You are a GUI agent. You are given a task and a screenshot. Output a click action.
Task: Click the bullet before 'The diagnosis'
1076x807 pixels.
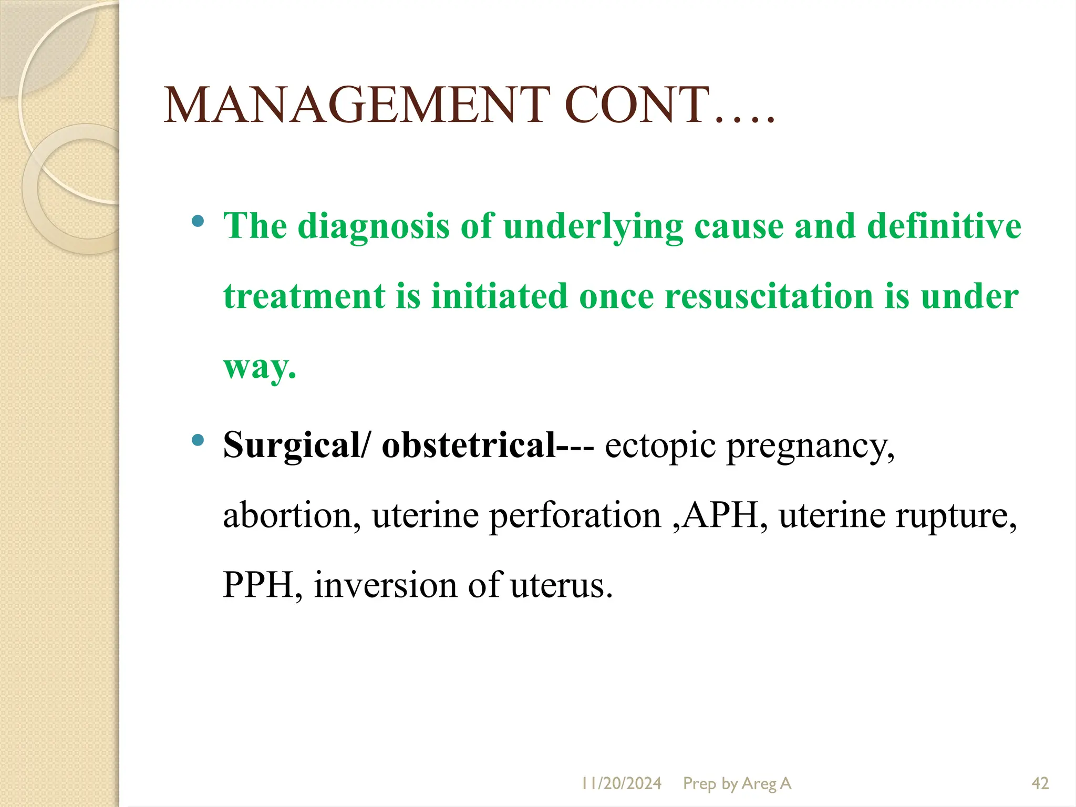point(198,221)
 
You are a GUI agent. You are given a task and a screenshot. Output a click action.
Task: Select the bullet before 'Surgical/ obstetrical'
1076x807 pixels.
point(198,440)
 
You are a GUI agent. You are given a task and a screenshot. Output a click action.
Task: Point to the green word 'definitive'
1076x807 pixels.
point(944,226)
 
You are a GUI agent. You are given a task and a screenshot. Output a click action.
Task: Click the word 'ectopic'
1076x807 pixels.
point(660,446)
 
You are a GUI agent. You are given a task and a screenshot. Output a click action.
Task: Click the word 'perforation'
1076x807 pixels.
point(575,516)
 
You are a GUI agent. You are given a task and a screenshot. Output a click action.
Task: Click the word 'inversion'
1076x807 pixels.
point(386,585)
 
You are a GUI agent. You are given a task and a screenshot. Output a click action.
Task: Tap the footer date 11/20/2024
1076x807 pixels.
point(621,783)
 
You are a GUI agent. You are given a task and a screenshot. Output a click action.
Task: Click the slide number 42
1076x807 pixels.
point(1040,783)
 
